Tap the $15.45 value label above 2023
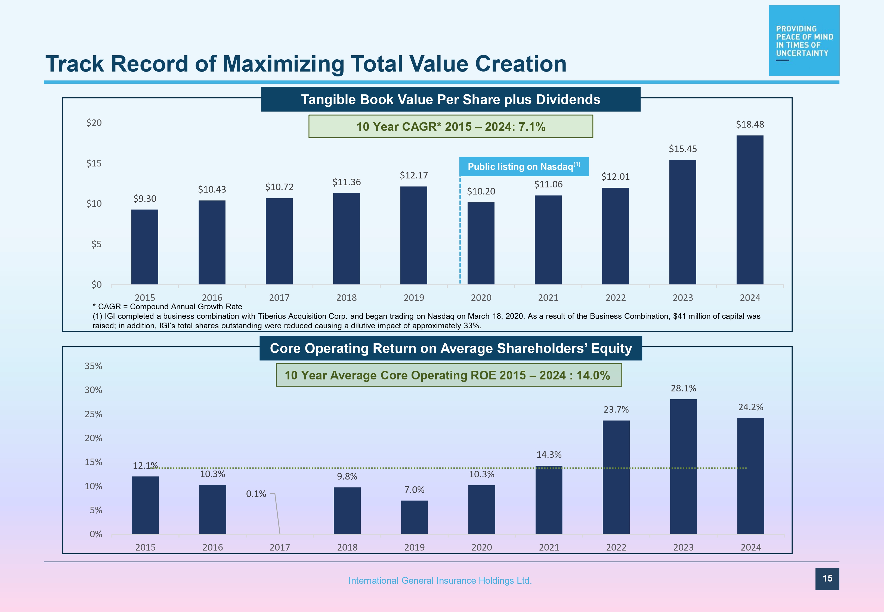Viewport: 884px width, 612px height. [682, 149]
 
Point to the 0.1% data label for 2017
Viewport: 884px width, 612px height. [256, 494]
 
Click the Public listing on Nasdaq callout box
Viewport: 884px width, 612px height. [524, 167]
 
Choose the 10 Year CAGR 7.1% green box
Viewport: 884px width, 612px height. [450, 126]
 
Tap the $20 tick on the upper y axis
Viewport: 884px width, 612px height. [94, 123]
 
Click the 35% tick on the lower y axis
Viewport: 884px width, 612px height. [94, 366]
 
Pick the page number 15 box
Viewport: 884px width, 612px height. [827, 579]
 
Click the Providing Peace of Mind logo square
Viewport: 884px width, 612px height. [803, 41]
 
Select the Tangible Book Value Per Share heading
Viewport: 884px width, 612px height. [450, 99]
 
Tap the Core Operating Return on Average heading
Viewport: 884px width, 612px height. [450, 348]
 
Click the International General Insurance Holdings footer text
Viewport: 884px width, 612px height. [440, 580]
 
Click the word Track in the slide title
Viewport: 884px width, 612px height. [74, 64]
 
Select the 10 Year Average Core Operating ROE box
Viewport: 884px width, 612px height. [449, 375]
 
